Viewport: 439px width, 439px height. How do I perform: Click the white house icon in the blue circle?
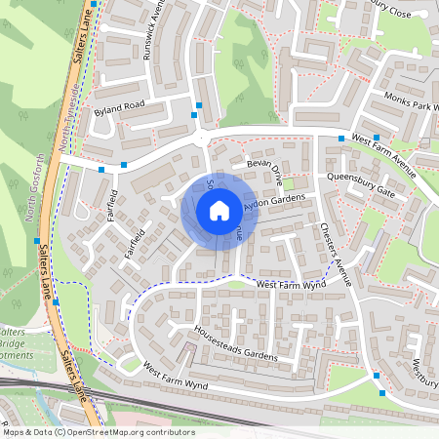[x=219, y=210]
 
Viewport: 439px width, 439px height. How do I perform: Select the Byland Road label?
[x=119, y=106]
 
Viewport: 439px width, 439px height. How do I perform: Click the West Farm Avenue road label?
[x=384, y=156]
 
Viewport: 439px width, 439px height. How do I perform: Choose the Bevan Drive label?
[x=263, y=173]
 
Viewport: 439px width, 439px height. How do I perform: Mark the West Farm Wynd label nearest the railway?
[x=176, y=375]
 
